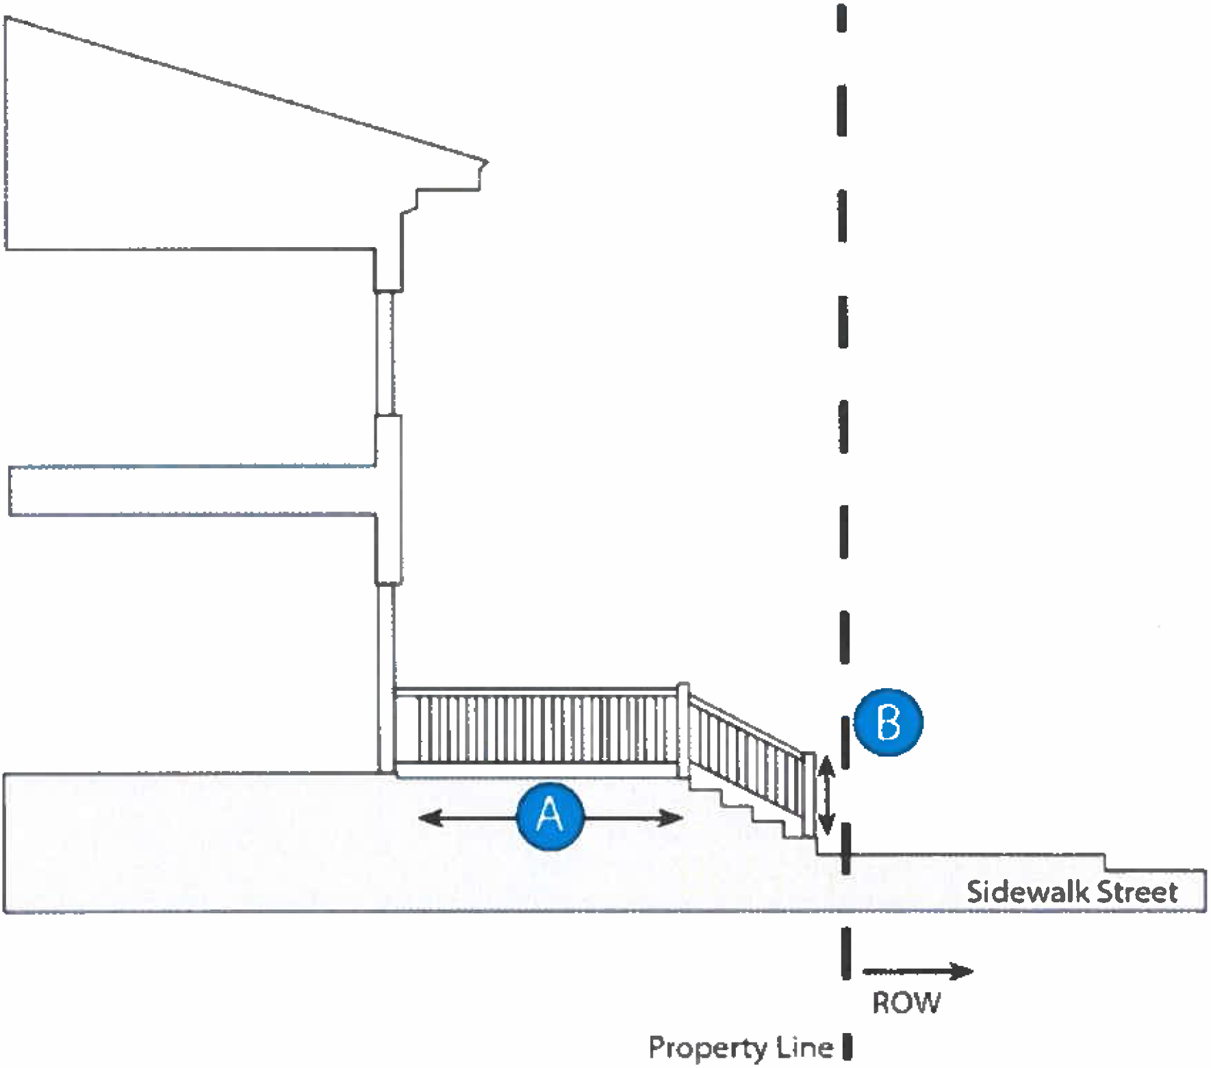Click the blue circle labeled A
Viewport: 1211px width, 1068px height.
550,815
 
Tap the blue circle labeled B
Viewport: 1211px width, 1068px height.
889,722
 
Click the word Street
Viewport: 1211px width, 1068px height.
1136,892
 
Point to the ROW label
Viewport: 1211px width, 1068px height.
906,1003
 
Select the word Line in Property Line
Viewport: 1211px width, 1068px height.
804,1047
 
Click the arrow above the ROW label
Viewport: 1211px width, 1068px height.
918,971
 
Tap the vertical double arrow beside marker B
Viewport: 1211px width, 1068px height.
826,795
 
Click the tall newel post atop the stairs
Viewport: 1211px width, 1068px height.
683,730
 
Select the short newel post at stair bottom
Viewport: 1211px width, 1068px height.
808,794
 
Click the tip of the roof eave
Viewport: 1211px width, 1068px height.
487,162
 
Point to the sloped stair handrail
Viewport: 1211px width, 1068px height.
746,724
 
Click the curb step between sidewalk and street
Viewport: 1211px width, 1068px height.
1106,862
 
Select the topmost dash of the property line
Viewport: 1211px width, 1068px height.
841,18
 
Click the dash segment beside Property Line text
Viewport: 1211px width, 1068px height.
847,1047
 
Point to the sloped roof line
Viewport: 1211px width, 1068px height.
246,89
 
